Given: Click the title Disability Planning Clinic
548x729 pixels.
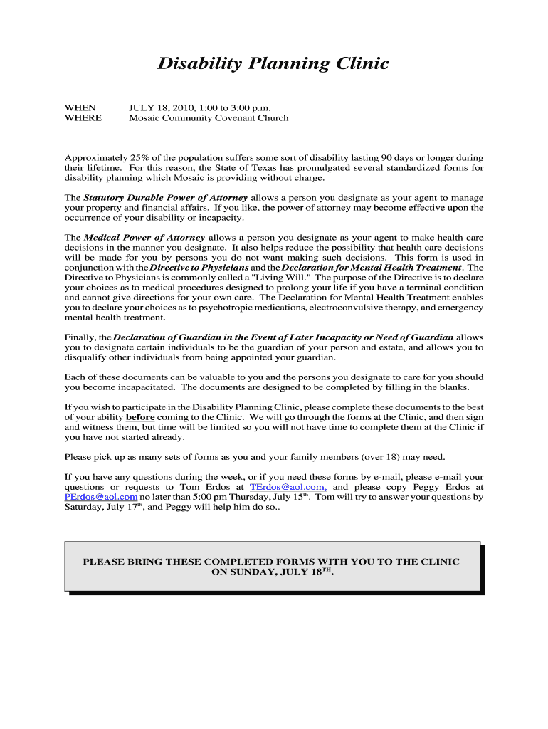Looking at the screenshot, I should click(273, 64).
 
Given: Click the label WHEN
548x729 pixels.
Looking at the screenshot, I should click(80, 107).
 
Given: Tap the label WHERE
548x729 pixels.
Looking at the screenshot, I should click(83, 118).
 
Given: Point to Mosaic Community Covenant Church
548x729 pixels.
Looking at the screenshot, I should click(209, 118).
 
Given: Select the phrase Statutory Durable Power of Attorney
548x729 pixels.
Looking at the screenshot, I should click(166, 197).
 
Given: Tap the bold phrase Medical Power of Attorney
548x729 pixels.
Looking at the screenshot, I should click(144, 237).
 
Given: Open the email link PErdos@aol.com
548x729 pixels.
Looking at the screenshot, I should click(101, 497).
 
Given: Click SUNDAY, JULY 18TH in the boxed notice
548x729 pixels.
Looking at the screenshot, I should click(272, 572).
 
